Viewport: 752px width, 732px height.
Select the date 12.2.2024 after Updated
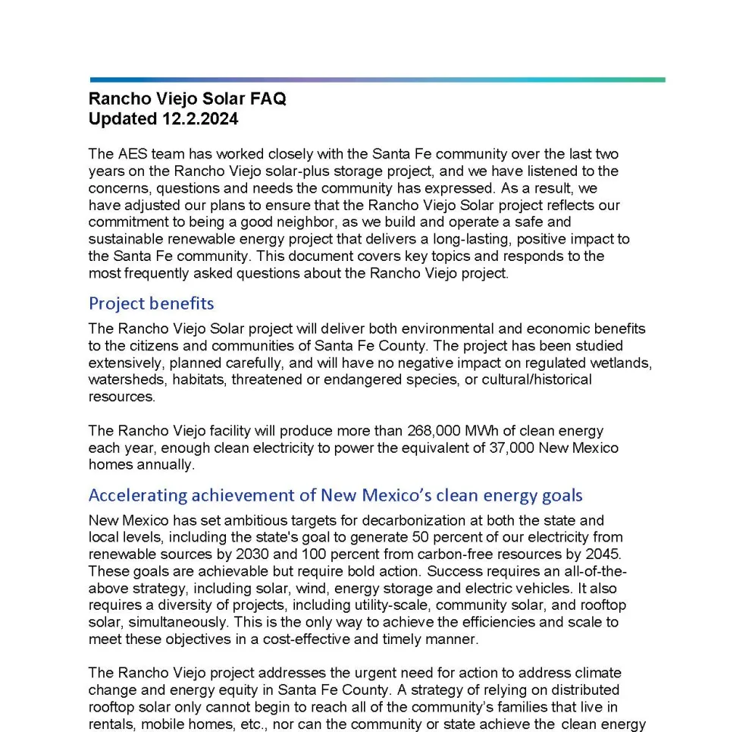199,119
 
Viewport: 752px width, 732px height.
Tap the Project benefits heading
151,303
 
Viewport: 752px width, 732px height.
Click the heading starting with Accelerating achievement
335,495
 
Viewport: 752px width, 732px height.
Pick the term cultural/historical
531,379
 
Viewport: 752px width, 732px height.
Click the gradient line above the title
377,80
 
